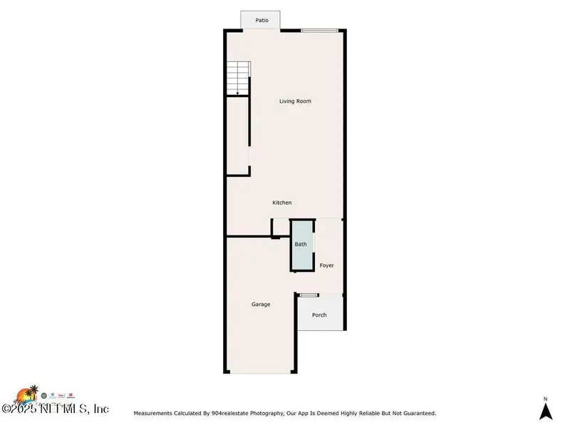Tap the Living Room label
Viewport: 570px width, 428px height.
coord(294,101)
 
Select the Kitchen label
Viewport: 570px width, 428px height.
coord(282,203)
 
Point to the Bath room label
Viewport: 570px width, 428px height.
coord(301,245)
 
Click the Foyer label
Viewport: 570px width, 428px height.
coord(326,265)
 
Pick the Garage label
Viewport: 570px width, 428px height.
coord(261,305)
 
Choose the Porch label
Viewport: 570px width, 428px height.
coord(319,315)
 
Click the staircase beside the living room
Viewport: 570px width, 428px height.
coord(238,78)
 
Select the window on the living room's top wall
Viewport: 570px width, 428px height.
coord(319,30)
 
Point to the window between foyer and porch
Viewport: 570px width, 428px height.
coord(309,295)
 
